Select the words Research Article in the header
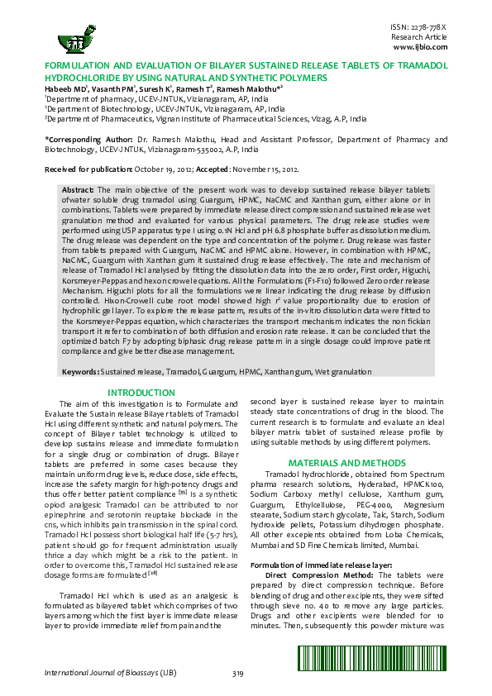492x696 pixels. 419,38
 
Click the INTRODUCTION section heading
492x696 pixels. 142,392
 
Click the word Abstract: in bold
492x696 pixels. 79,190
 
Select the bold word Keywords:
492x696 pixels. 81,373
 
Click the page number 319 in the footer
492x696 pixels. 238,675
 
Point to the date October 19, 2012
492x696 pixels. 162,169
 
